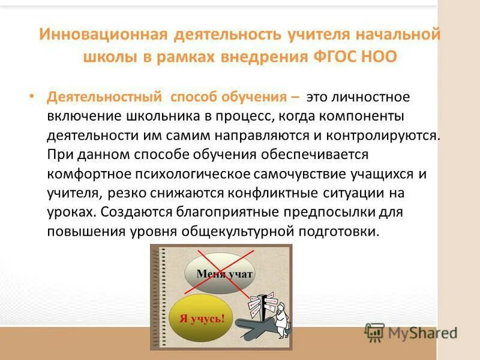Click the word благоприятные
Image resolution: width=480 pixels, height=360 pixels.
coord(226,212)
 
